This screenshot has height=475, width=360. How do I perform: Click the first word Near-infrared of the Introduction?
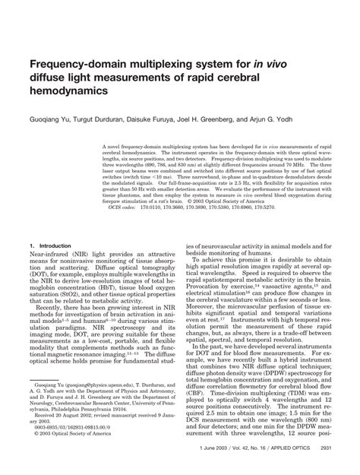(46, 255)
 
